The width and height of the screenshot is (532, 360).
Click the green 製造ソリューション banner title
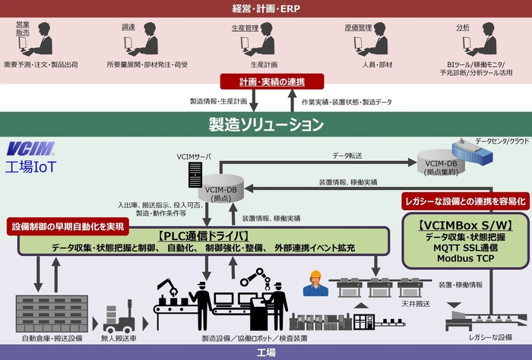(x=266, y=124)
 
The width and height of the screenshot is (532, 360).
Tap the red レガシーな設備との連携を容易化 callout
(x=464, y=201)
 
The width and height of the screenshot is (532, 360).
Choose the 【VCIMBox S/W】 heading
(x=464, y=225)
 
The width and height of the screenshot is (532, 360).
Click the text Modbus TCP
(x=464, y=258)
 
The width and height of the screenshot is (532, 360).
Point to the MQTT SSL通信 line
(x=464, y=248)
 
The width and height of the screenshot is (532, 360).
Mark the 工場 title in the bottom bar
(x=266, y=352)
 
